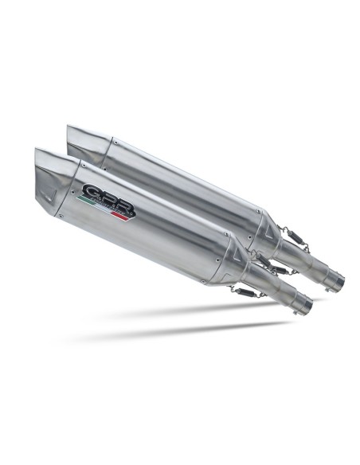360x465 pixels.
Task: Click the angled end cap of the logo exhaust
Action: tap(53, 179)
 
